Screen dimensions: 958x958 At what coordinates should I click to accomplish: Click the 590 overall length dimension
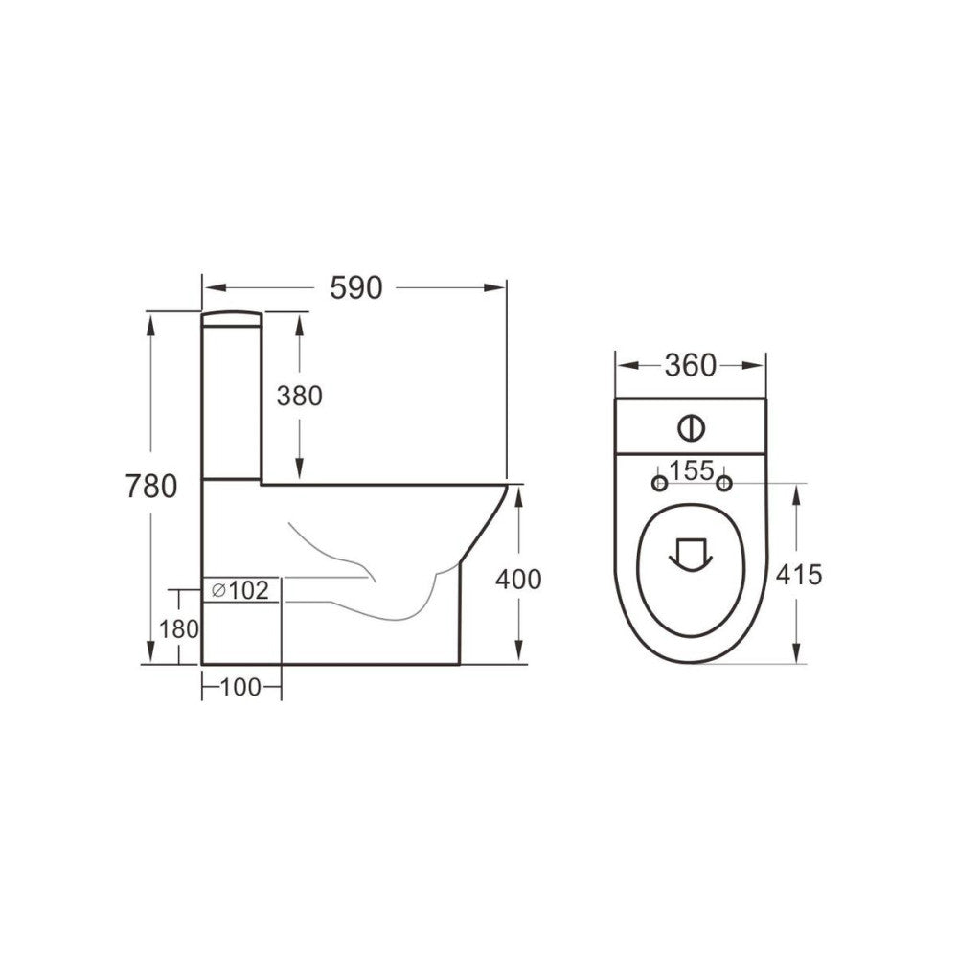coord(355,287)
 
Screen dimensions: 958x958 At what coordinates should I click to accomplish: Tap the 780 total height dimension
coord(150,487)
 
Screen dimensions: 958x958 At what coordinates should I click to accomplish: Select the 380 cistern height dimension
coord(299,395)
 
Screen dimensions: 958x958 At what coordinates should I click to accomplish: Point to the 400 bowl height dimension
coord(518,579)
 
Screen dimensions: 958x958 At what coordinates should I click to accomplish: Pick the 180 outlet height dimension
coord(179,629)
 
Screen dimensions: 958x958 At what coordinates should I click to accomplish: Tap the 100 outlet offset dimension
coord(240,688)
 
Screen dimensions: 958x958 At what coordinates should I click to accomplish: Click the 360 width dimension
coord(690,365)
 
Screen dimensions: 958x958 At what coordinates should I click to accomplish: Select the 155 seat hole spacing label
coord(691,470)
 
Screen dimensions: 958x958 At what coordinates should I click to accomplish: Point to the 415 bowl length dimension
coord(799,574)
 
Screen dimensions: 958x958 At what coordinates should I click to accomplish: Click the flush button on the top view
coord(689,426)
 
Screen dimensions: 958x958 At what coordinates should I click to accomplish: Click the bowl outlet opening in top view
coord(690,554)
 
